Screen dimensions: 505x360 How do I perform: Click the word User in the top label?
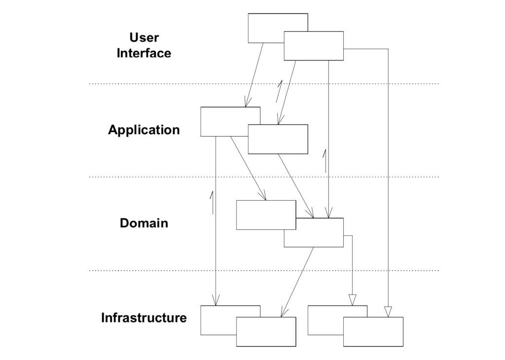pos(144,37)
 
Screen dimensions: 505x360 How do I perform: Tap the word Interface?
pos(144,53)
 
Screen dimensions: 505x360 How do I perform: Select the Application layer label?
pos(144,130)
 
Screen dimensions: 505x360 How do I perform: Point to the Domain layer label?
pos(144,223)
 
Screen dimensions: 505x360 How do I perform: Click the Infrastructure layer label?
pos(144,318)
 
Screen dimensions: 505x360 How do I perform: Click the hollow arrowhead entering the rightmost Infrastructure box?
pos(388,312)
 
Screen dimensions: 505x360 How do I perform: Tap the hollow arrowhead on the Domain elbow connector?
pos(352,300)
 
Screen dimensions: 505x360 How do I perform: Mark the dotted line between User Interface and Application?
pos(264,84)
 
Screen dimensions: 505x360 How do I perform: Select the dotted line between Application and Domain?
pos(264,177)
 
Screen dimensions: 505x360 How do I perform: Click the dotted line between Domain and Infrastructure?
pos(264,270)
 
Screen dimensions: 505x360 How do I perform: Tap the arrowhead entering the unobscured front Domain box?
pos(263,196)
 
